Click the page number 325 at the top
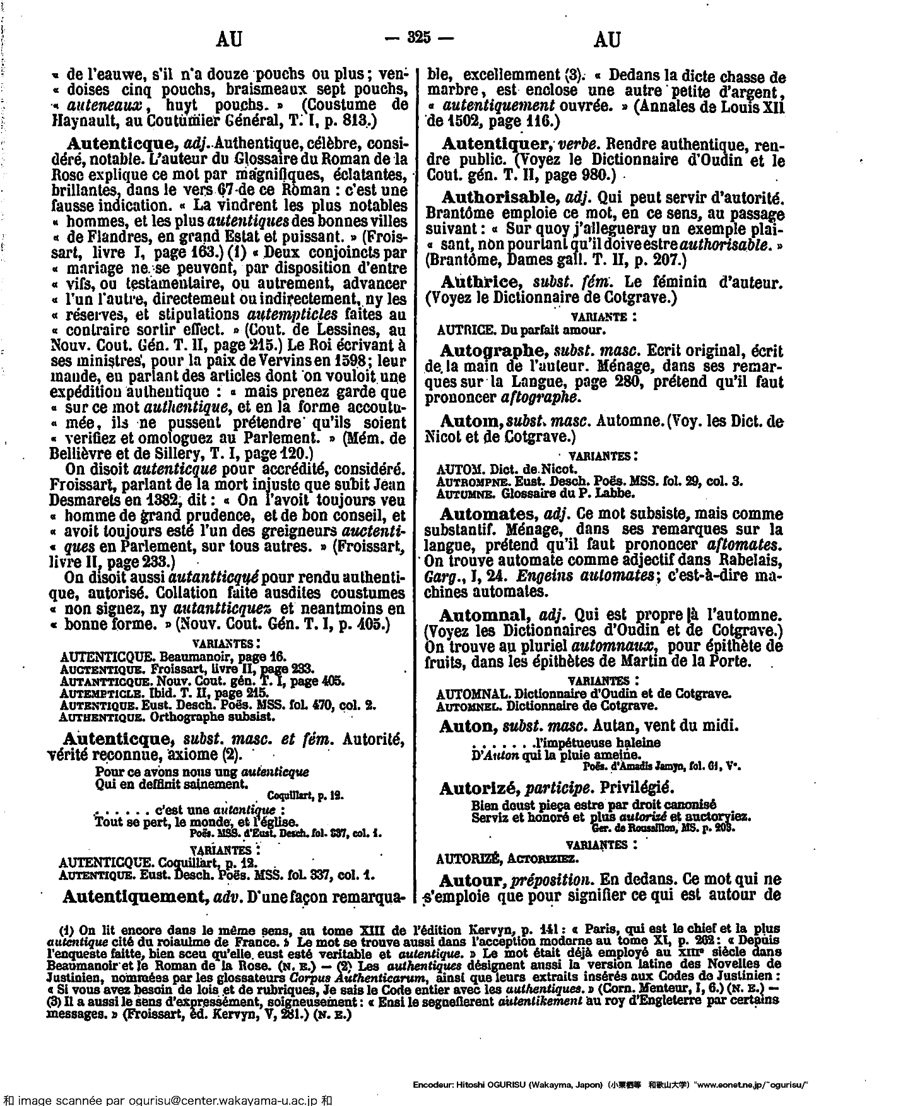(x=419, y=38)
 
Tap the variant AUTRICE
(x=459, y=330)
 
